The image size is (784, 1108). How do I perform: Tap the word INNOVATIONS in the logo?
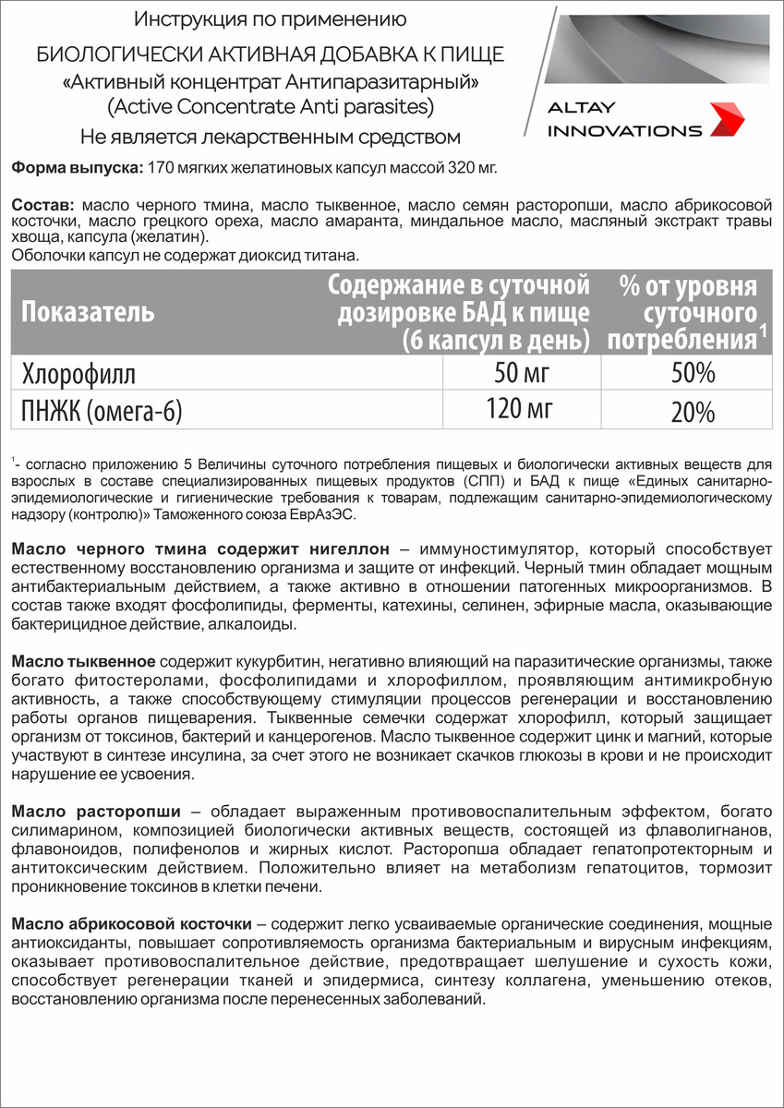[x=624, y=130]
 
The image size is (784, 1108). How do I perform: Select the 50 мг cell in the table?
[x=523, y=373]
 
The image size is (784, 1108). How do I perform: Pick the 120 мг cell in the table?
[x=523, y=407]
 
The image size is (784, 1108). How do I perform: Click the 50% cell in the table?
[x=693, y=373]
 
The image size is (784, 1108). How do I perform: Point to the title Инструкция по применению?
[x=270, y=19]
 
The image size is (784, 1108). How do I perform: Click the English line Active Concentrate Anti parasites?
[x=270, y=107]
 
